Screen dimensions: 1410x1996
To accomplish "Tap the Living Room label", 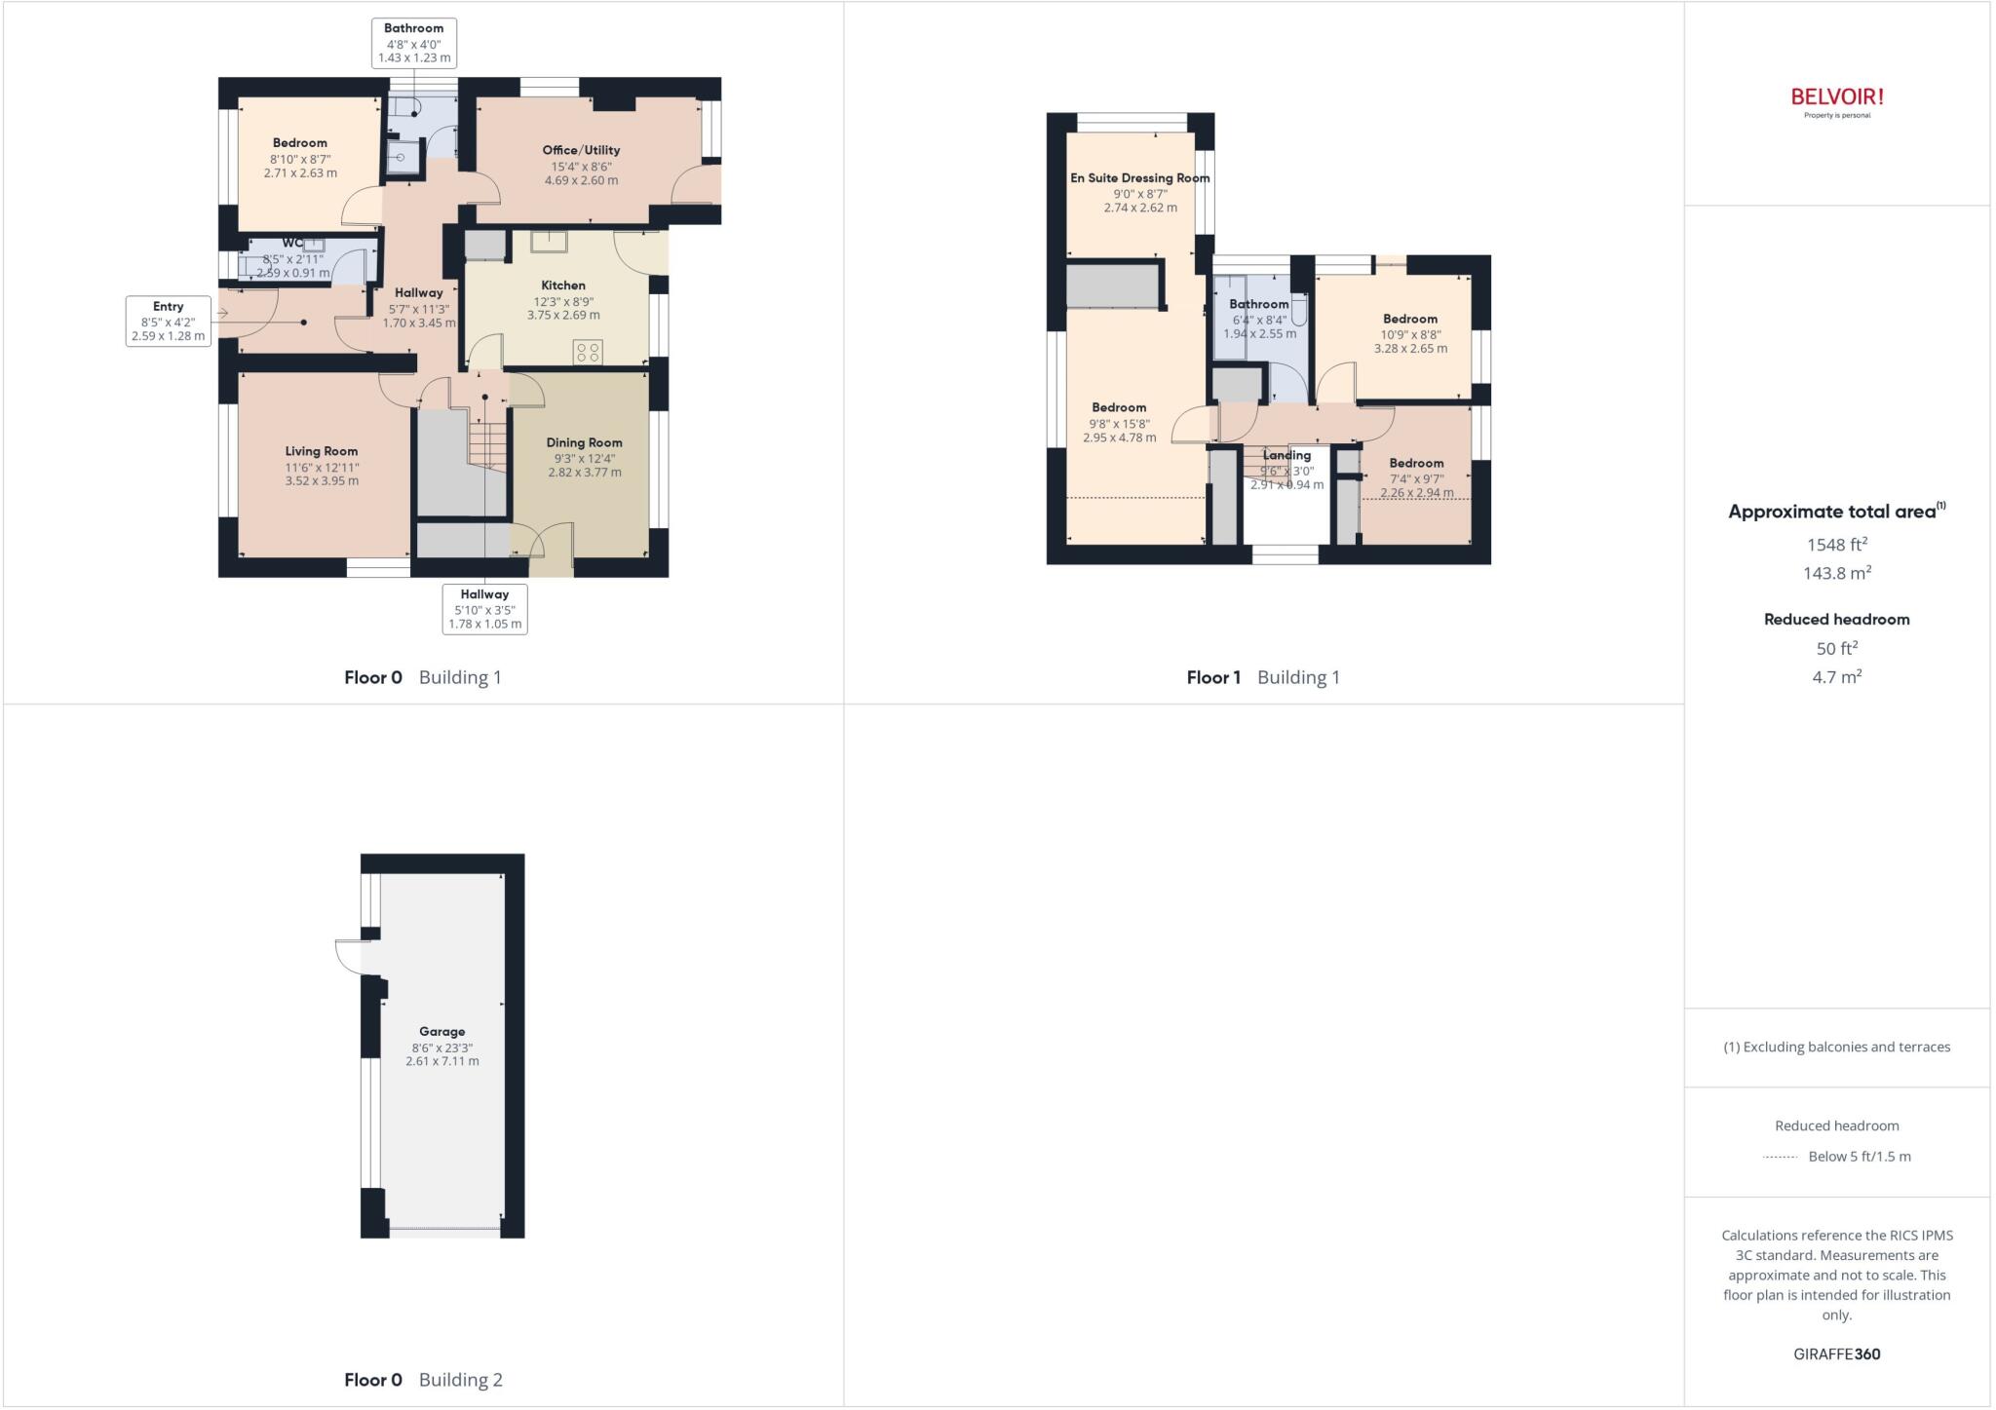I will (x=322, y=451).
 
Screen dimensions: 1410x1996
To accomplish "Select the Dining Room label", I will (x=584, y=442).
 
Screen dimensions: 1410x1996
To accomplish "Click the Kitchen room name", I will (x=563, y=286).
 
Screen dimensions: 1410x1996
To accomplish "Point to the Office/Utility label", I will (x=581, y=150).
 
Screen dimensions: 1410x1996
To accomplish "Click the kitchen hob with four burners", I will (x=588, y=352).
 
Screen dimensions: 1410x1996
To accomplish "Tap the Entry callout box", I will (x=168, y=322).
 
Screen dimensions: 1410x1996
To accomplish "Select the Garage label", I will (x=442, y=1031).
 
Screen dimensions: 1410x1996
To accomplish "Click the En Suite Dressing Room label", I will (x=1139, y=178).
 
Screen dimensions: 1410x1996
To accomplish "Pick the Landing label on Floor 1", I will (x=1286, y=455).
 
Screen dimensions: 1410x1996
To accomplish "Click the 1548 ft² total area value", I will (x=1836, y=545).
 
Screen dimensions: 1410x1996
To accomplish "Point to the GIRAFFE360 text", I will (x=1836, y=1353).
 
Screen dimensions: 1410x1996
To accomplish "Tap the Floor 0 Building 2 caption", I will (x=423, y=1379).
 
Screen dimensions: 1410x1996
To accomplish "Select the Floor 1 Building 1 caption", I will (x=1263, y=677).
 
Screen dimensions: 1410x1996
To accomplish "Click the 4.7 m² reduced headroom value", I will (x=1836, y=676).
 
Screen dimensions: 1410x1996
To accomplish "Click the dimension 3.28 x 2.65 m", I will (x=1410, y=349).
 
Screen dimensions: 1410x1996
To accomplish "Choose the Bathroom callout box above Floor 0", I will (x=414, y=44).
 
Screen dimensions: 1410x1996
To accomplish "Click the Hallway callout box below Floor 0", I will (x=484, y=609).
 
